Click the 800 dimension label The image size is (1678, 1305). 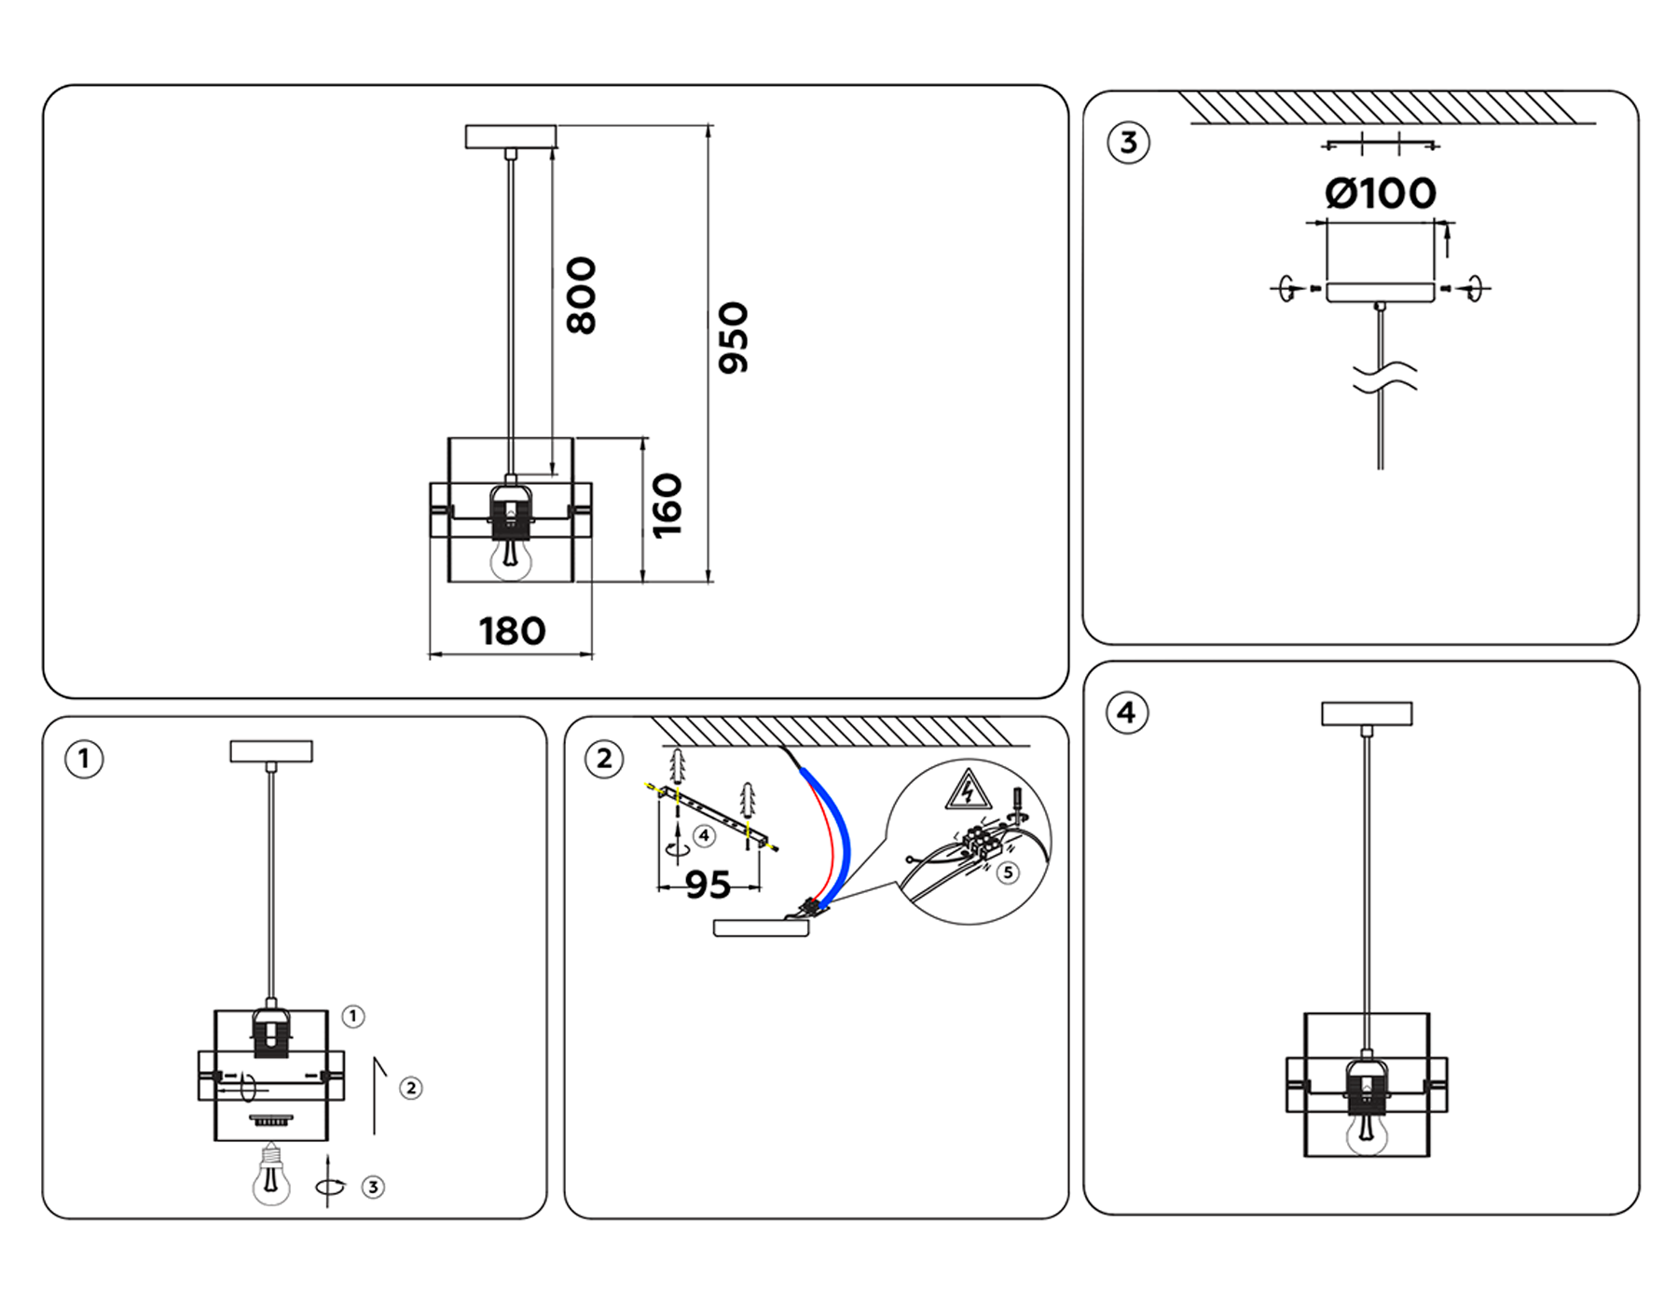pyautogui.click(x=581, y=295)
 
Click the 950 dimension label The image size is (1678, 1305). pyautogui.click(x=734, y=337)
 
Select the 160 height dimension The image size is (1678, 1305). pyautogui.click(x=667, y=505)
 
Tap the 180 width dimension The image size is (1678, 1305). pyautogui.click(x=512, y=632)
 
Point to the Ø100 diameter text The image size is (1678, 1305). pyautogui.click(x=1380, y=194)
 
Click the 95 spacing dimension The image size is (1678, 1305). pyautogui.click(x=708, y=885)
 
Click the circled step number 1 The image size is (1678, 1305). pyautogui.click(x=84, y=759)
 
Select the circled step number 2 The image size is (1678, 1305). pyautogui.click(x=604, y=759)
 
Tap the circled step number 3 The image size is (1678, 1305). pyautogui.click(x=1128, y=143)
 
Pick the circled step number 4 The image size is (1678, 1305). pyautogui.click(x=1127, y=713)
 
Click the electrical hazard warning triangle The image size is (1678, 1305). pyautogui.click(x=969, y=790)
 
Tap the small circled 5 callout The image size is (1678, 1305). pyautogui.click(x=1008, y=872)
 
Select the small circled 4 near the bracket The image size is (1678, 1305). pyautogui.click(x=705, y=836)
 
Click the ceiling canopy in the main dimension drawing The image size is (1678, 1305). pyautogui.click(x=511, y=137)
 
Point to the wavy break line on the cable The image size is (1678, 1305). pyautogui.click(x=1383, y=377)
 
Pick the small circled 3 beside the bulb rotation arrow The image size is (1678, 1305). pyautogui.click(x=373, y=1187)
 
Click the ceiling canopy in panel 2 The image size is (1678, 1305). pyautogui.click(x=761, y=928)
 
